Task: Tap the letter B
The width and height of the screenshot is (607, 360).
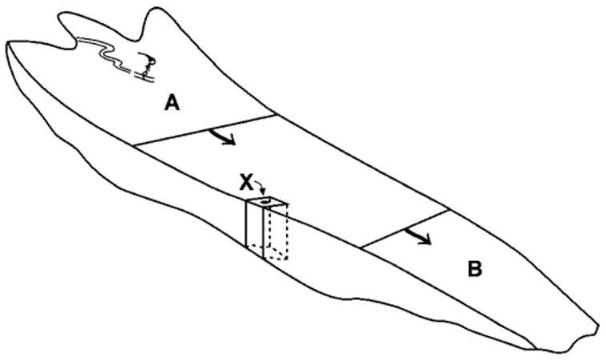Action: [474, 269]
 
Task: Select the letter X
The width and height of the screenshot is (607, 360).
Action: [247, 183]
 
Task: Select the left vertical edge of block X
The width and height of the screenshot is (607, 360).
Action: [247, 227]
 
